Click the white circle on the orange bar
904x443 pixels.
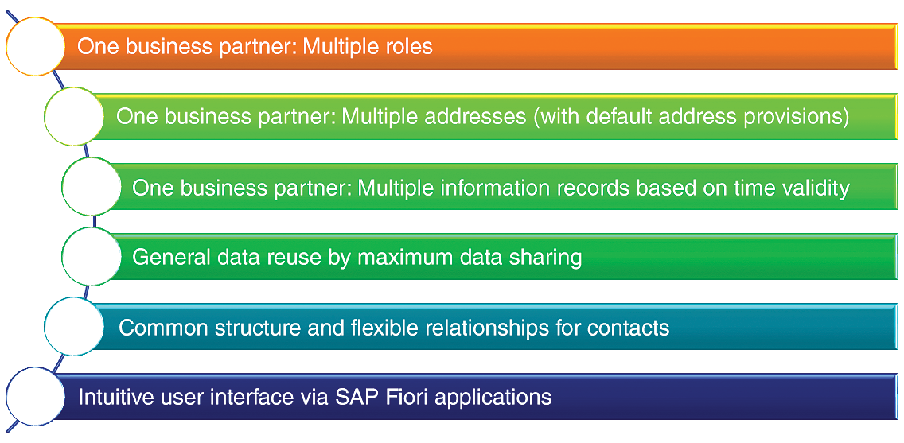[x=35, y=47]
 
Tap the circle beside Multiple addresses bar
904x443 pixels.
[x=74, y=116]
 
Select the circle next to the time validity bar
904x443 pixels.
[x=91, y=187]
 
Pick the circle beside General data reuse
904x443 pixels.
[x=91, y=256]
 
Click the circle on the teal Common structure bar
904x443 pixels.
[x=74, y=326]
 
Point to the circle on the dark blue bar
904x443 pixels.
[x=35, y=396]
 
